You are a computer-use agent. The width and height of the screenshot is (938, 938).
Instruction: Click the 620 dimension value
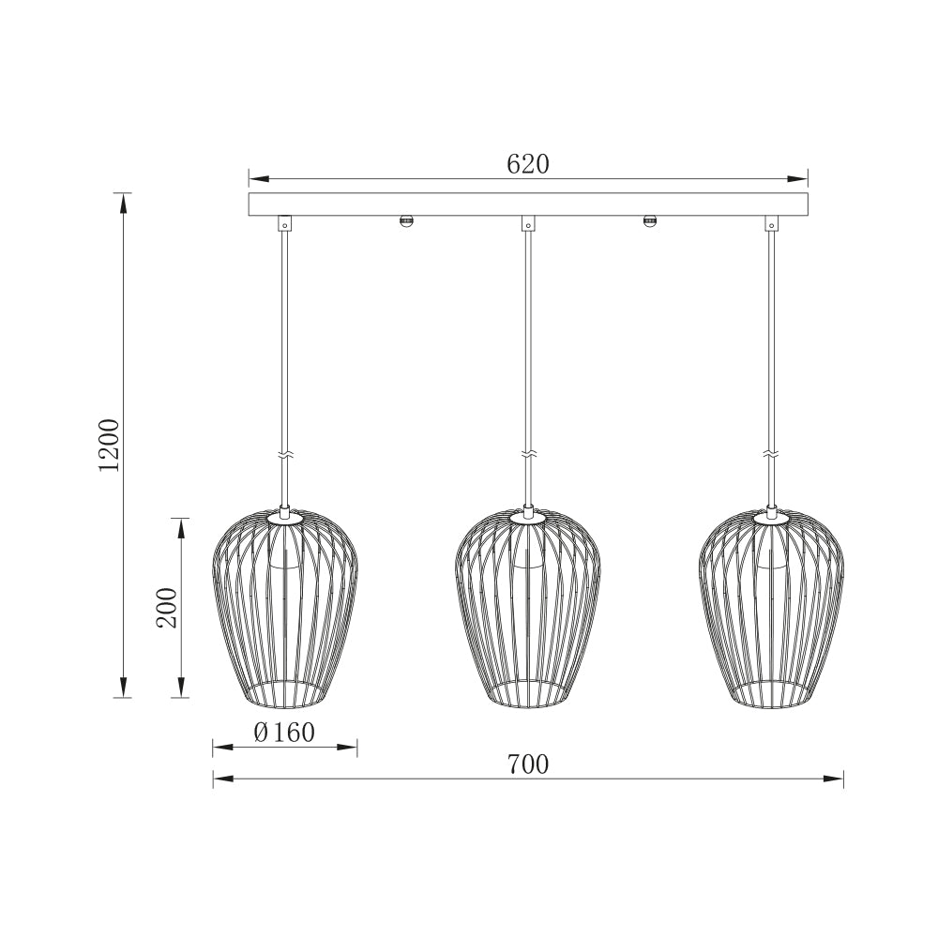527,164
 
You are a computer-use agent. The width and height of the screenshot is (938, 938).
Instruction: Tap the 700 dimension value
527,764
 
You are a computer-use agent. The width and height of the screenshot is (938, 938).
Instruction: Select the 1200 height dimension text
111,445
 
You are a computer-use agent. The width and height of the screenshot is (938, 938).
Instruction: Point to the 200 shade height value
166,608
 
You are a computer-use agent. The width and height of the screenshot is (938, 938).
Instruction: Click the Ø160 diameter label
284,733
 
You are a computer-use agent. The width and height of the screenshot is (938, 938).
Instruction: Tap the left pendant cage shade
284,610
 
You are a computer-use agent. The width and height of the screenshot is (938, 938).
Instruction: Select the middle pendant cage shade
528,610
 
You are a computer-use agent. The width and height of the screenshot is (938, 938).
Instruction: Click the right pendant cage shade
771,610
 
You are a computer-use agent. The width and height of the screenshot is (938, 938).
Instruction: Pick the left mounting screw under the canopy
406,221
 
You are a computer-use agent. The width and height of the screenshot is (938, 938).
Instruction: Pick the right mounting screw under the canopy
649,221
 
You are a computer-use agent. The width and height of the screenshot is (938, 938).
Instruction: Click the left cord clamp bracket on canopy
284,224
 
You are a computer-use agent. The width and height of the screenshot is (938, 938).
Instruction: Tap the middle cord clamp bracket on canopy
528,224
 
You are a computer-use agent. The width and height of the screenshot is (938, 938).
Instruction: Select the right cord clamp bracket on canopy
771,224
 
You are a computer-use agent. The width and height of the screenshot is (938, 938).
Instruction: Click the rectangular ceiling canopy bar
528,204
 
